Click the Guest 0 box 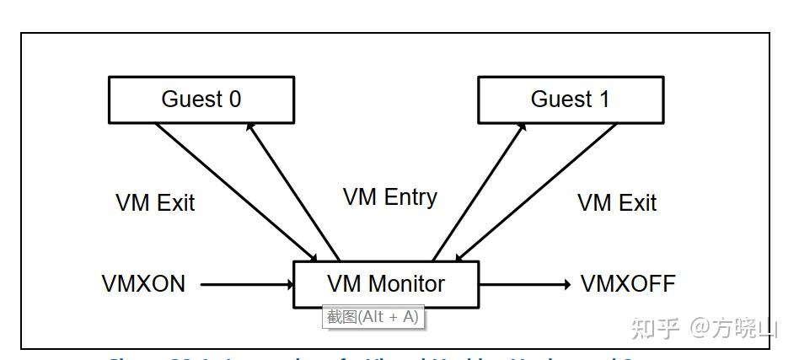coord(201,99)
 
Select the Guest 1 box coord(570,99)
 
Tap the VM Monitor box coord(385,284)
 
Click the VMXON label coord(143,284)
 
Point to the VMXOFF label coord(628,284)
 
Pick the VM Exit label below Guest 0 coord(155,203)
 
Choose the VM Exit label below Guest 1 coord(617,203)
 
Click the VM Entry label coord(389,197)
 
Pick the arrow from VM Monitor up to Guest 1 coord(479,191)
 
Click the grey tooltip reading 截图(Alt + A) coord(373,317)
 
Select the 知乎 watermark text coord(655,327)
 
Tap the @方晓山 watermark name coord(733,327)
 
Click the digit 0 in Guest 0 coord(234,99)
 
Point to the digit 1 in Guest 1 coord(603,99)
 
